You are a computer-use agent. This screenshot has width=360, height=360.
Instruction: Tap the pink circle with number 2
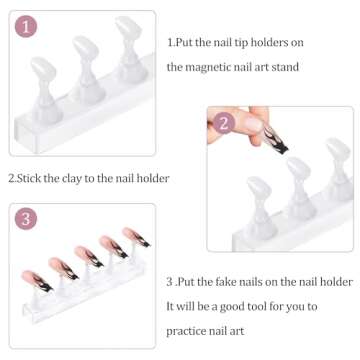225,124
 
